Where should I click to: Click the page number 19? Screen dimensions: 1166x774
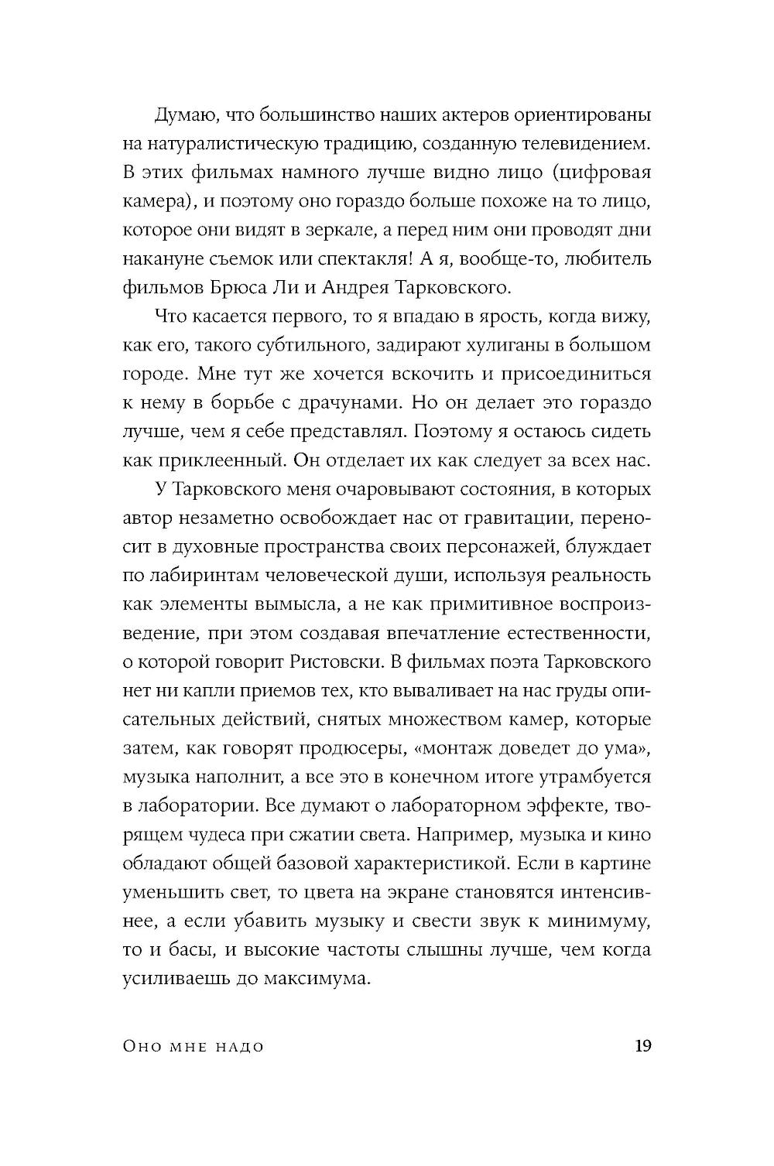click(x=642, y=1047)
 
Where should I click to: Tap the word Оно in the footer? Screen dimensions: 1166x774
click(x=141, y=1048)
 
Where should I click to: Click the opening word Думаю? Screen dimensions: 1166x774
click(x=182, y=115)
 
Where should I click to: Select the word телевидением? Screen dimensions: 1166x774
click(x=590, y=144)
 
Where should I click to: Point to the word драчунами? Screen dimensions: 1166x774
click(x=344, y=403)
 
